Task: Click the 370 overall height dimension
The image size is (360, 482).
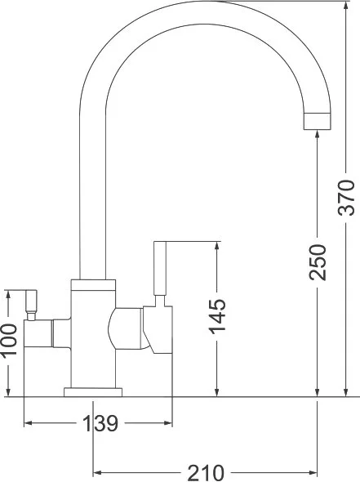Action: coord(346,198)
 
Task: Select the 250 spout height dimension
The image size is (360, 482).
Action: coord(318,262)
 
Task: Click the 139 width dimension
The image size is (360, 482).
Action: coord(100,423)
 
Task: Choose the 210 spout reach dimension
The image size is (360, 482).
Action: coord(206,473)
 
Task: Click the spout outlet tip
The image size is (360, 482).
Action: coord(318,122)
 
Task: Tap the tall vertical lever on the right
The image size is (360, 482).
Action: coord(160,268)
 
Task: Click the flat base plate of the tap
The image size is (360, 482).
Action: coord(93,392)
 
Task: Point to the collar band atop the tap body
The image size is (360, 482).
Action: coord(93,285)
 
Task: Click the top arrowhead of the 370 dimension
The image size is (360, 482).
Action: coord(346,5)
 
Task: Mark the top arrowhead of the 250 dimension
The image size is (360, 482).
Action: coord(318,136)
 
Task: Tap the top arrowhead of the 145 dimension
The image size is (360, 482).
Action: coord(217,246)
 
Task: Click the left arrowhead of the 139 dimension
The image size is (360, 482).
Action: coord(29,423)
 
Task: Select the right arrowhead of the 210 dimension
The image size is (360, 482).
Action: coord(313,472)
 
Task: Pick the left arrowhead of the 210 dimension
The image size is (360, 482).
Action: coord(98,472)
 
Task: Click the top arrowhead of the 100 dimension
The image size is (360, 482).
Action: coord(9,294)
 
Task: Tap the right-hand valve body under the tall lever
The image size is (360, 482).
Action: coord(158,330)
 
